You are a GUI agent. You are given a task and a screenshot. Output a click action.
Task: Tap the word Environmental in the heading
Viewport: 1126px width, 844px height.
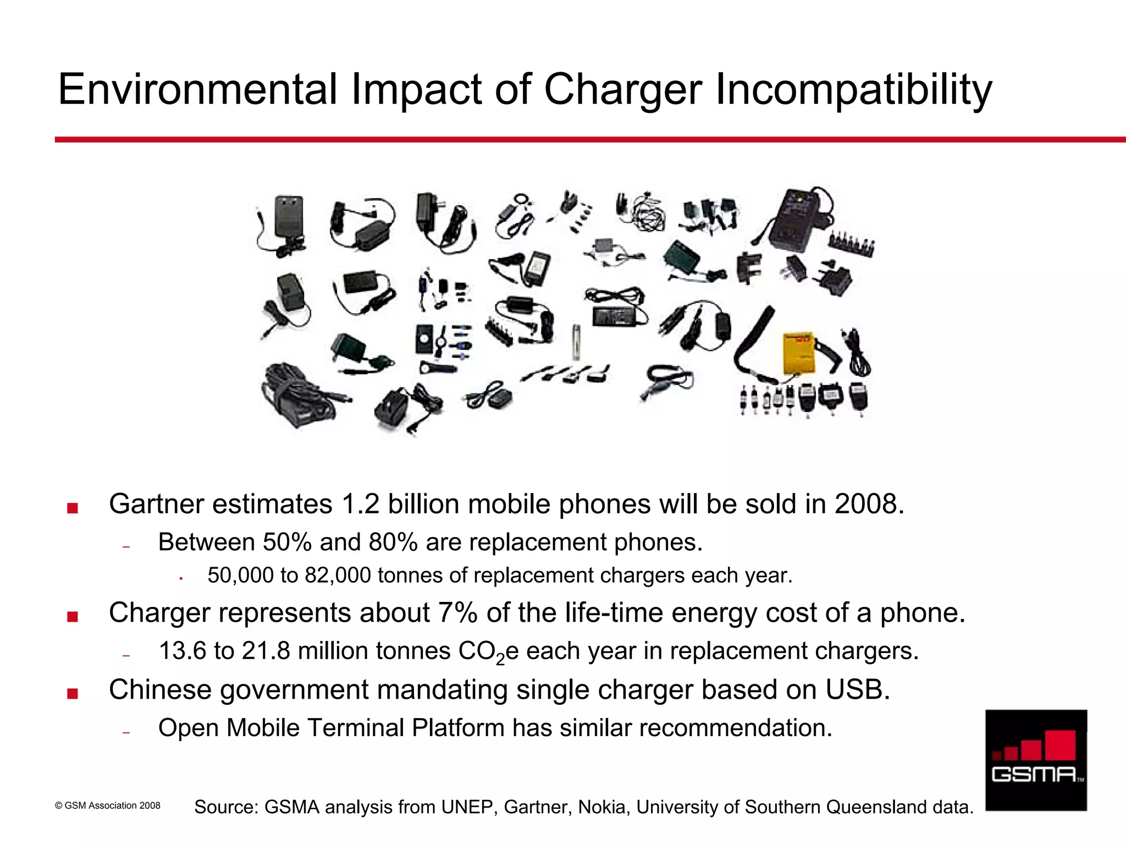pos(197,89)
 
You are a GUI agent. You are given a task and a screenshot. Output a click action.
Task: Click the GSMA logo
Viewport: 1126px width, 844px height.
pos(1036,760)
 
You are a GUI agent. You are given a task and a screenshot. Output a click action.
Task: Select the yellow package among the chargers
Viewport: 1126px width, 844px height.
pos(798,353)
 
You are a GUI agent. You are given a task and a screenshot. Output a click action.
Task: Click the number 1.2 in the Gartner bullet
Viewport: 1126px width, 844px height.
pos(360,504)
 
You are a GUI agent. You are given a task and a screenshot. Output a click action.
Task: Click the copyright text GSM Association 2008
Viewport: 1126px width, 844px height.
pos(112,805)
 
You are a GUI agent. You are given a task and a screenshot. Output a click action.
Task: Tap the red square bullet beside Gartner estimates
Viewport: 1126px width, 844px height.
pos(72,508)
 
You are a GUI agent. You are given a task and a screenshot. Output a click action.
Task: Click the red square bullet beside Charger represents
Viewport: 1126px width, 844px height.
pos(72,617)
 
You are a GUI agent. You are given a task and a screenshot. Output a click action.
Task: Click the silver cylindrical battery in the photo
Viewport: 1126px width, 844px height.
pos(576,341)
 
